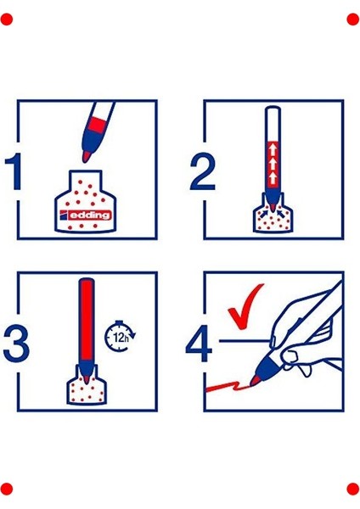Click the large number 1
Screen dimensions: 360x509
14,171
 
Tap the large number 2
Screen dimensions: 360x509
202,171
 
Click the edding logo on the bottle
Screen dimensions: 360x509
86,215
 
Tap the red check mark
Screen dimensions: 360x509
245,306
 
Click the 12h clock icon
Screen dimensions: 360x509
120,336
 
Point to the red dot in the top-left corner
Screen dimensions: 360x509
7,20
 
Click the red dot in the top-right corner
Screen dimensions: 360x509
353,20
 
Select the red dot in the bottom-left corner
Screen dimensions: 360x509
7,489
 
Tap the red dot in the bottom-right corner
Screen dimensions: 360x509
353,489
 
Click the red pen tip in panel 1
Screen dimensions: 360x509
86,157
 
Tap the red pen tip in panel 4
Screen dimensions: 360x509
255,380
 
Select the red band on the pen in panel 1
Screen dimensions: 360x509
98,126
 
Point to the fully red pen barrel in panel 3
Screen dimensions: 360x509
87,320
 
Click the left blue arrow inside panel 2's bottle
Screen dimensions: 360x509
264,213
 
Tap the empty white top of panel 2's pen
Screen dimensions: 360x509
273,125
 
